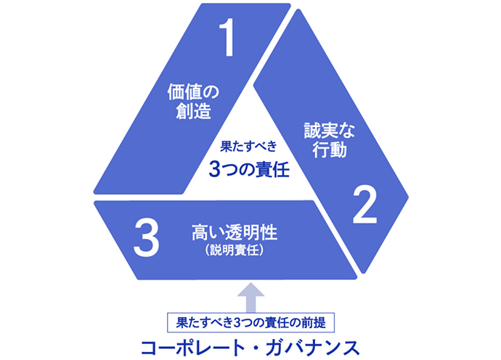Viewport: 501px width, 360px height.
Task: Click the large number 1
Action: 228,39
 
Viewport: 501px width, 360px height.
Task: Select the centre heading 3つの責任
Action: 248,169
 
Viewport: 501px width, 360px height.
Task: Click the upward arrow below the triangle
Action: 250,294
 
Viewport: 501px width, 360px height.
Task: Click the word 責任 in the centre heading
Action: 273,169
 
